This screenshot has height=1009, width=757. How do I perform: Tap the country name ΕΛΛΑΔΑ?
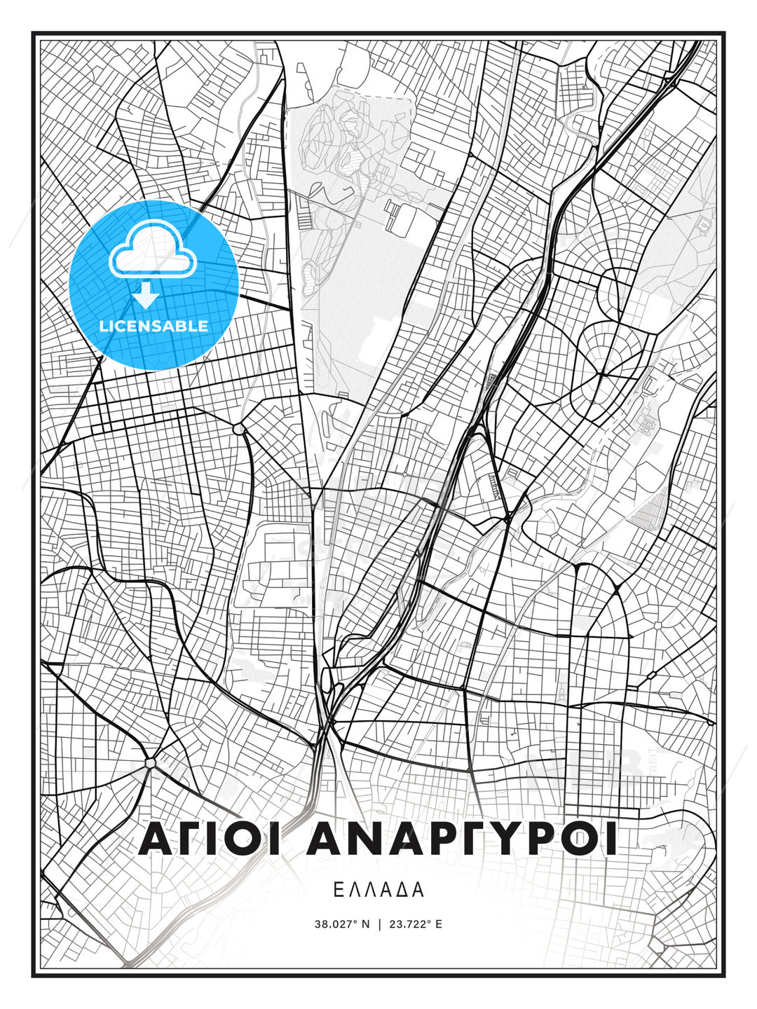tap(378, 890)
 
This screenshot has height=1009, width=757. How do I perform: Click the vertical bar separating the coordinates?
tap(379, 924)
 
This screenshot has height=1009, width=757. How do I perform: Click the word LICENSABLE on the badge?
tap(154, 326)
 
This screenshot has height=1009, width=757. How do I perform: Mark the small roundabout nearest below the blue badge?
tap(238, 427)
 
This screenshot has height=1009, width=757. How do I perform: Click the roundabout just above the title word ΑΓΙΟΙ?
tap(150, 762)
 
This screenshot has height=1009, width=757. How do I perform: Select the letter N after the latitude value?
tap(365, 924)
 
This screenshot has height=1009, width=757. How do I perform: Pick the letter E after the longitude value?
tap(439, 924)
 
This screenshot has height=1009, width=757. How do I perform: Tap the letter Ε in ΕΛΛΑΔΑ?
tap(339, 890)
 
